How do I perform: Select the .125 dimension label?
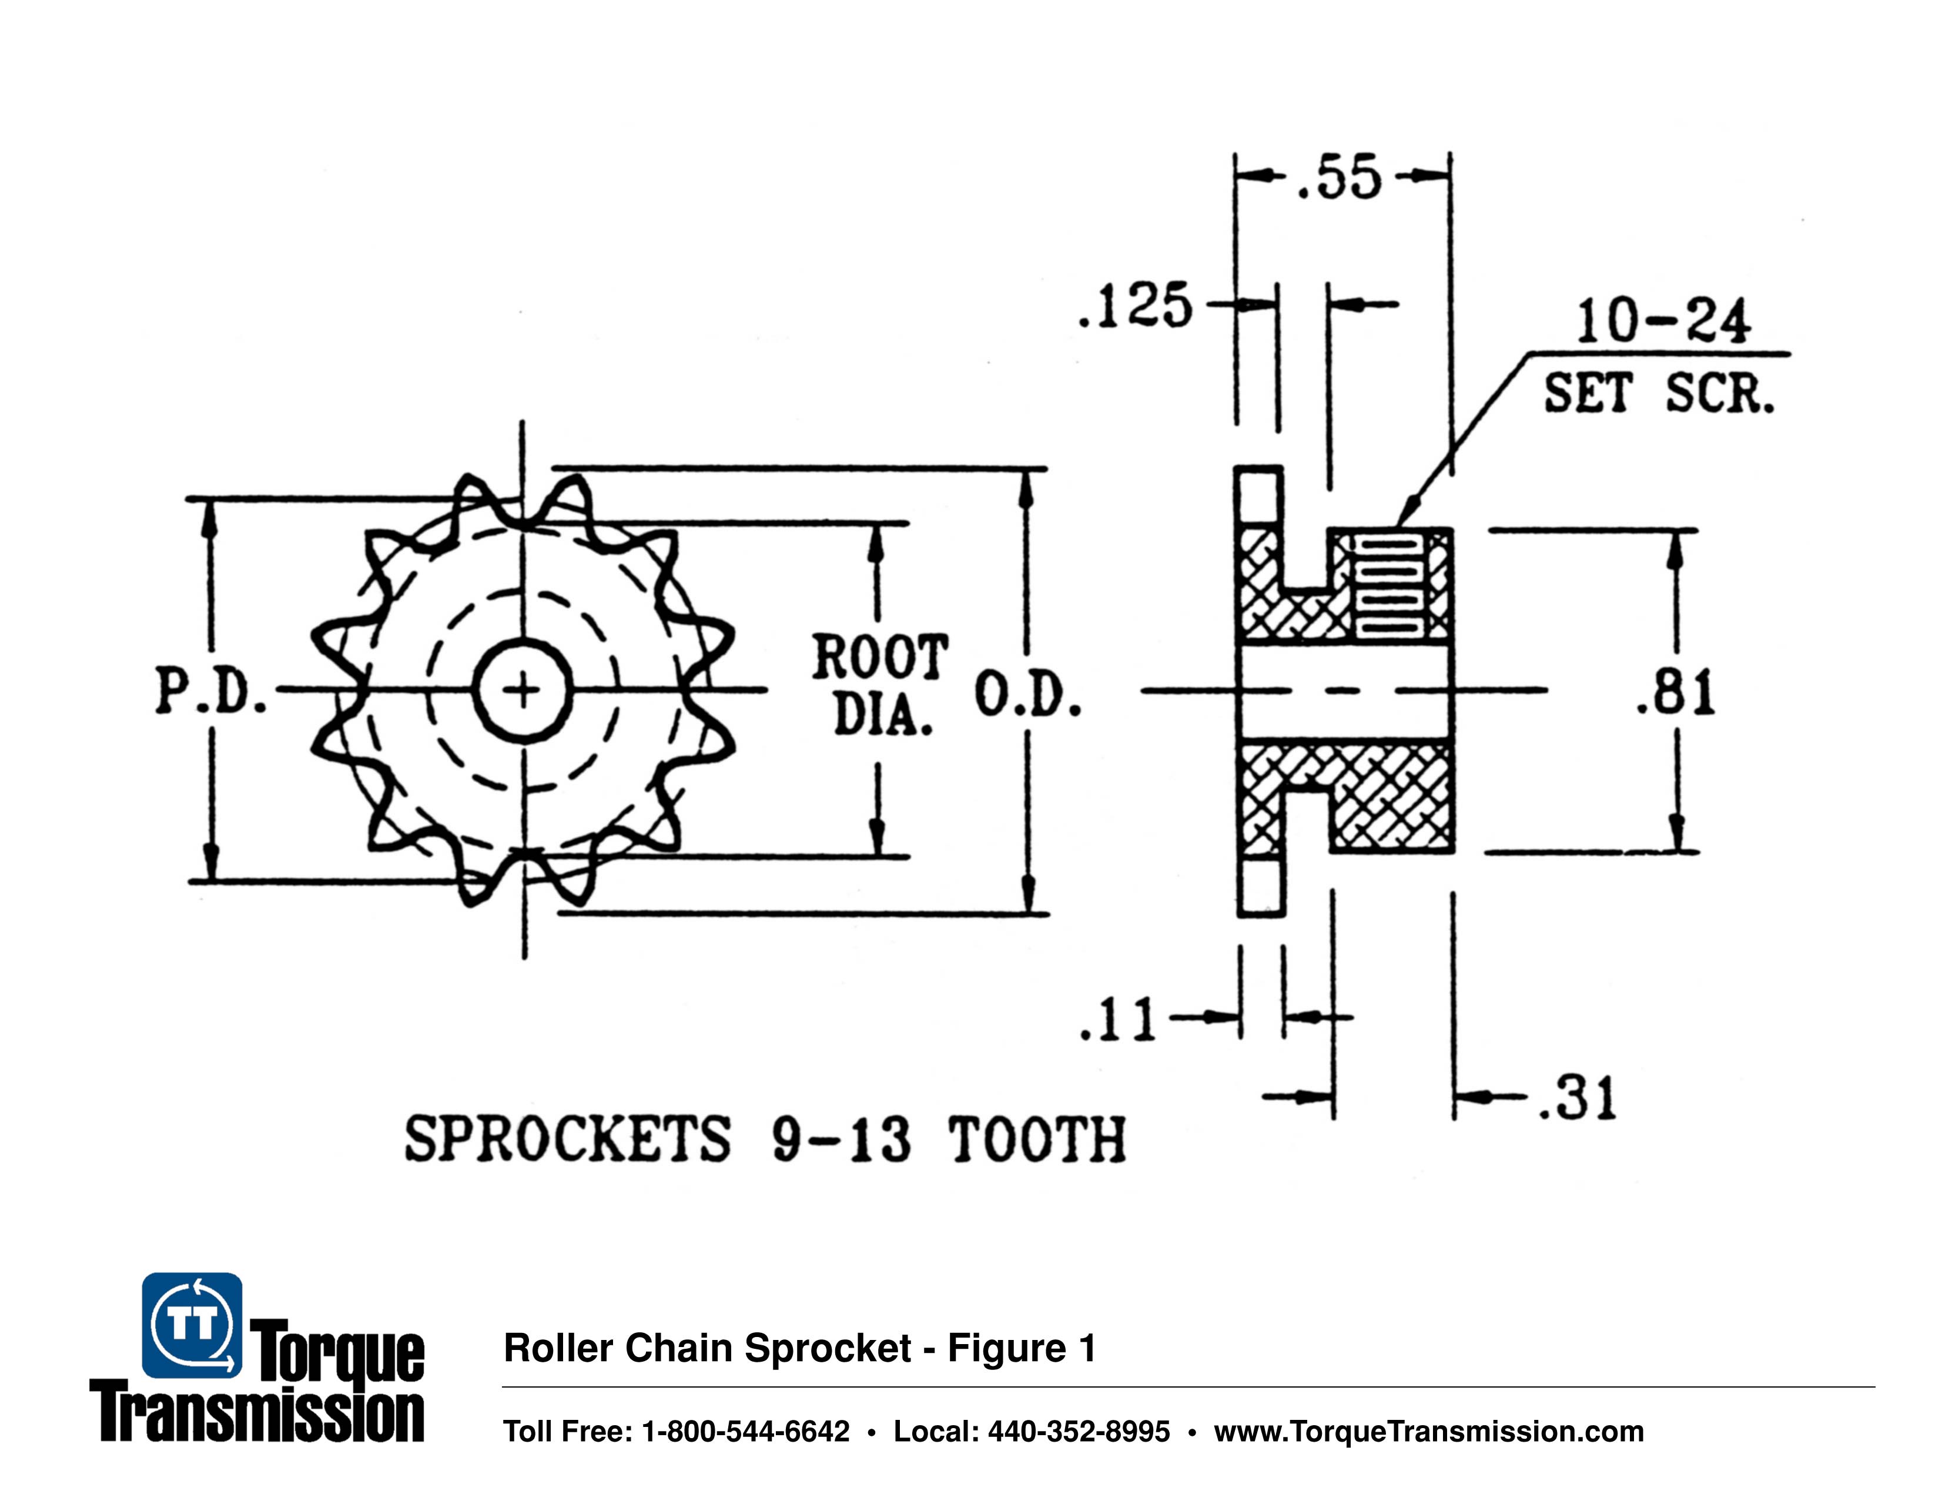(x=1134, y=307)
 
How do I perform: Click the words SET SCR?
(x=1658, y=393)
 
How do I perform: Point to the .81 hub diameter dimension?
(x=1675, y=693)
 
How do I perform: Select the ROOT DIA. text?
(x=879, y=685)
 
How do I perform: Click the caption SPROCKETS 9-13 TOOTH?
(x=765, y=1140)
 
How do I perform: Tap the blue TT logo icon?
(x=192, y=1325)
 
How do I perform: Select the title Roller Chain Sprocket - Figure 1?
(x=799, y=1348)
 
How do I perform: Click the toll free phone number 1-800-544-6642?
(x=745, y=1432)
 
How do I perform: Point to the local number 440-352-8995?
(x=1079, y=1432)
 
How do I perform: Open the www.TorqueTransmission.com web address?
(x=1428, y=1432)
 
